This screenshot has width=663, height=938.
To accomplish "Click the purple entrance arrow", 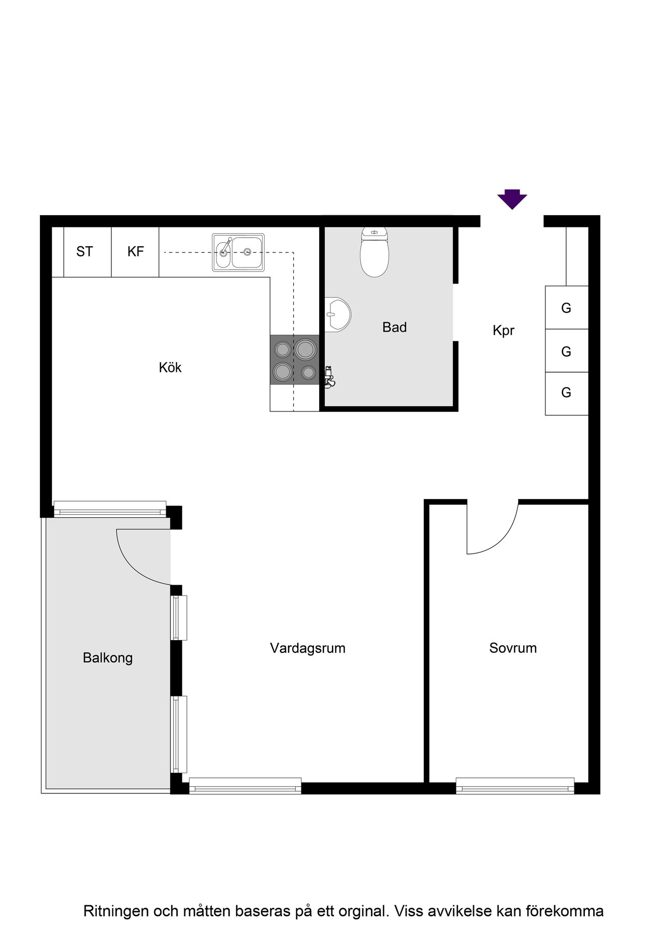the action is click(x=512, y=199).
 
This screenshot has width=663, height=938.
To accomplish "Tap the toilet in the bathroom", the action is click(x=374, y=251).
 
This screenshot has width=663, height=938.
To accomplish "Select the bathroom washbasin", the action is click(x=337, y=315).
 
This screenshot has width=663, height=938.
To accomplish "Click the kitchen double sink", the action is click(x=238, y=252).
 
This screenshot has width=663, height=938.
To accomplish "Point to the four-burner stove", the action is click(x=294, y=360).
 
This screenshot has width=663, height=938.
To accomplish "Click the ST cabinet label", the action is click(x=84, y=252).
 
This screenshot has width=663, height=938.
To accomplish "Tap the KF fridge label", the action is click(x=136, y=252).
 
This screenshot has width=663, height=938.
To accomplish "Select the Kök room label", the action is click(x=170, y=367).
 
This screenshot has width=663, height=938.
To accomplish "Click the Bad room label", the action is click(x=395, y=327).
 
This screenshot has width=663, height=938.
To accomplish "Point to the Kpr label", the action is click(x=503, y=331).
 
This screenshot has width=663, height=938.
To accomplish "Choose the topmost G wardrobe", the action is click(x=567, y=308).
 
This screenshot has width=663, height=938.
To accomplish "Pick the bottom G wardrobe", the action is click(x=567, y=393).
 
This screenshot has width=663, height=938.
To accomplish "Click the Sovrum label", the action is click(x=513, y=648).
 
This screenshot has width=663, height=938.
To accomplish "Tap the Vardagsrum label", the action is click(x=308, y=648).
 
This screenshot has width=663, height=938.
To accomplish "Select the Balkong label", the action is click(x=108, y=658).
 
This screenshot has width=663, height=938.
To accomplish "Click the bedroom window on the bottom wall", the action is click(x=515, y=786).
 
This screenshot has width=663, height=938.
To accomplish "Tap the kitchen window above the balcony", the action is click(x=110, y=508).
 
